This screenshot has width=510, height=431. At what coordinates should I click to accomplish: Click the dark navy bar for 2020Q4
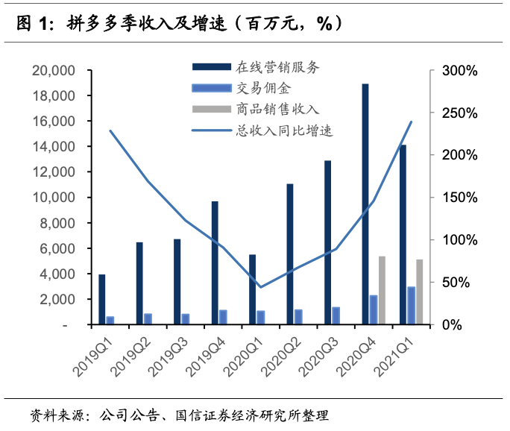365,204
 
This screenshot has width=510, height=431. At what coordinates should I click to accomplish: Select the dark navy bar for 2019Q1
102,300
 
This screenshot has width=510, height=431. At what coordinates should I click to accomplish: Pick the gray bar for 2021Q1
420,292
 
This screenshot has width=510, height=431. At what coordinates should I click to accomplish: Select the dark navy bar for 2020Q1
253,290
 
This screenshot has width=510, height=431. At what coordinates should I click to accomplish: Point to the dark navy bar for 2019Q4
215,263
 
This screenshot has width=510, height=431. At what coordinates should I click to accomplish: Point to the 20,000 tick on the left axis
54,71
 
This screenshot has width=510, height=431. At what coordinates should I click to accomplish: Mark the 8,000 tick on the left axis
59,224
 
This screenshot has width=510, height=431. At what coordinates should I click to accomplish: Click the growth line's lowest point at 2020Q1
260,287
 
